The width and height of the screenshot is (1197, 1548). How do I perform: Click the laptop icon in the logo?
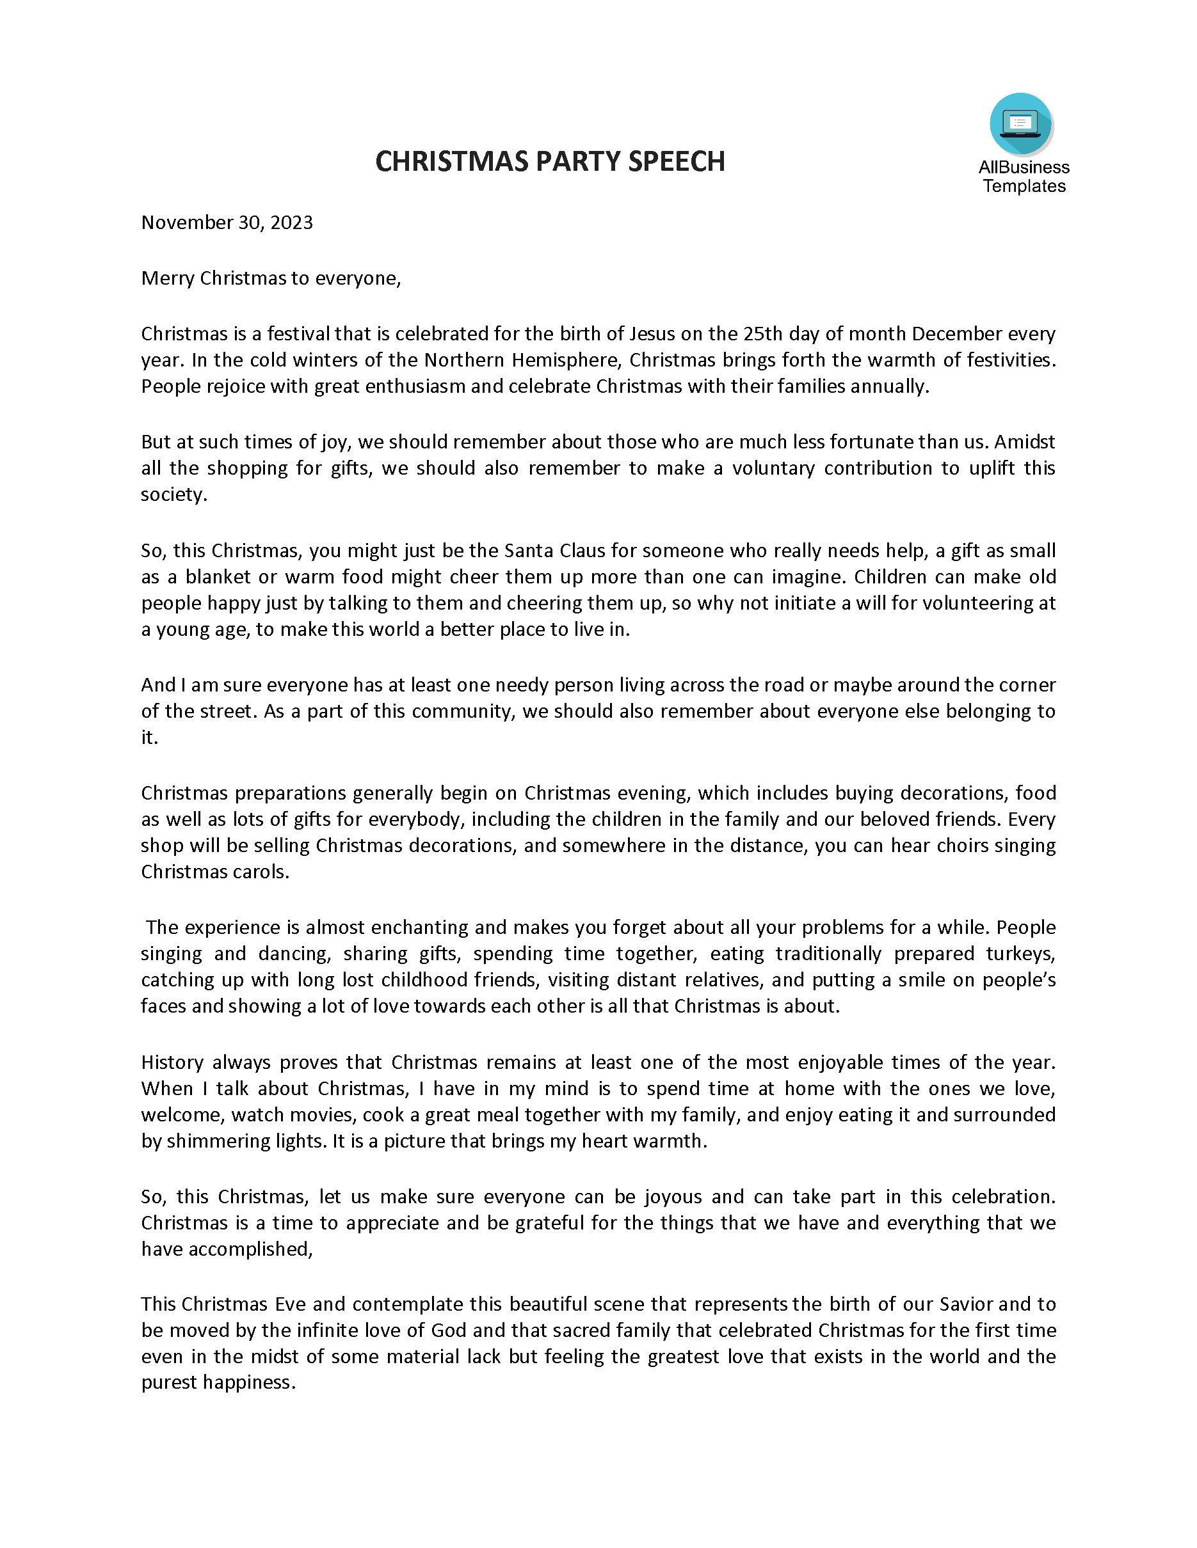click(x=1020, y=124)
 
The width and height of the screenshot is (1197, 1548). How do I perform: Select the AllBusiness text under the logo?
click(x=1024, y=168)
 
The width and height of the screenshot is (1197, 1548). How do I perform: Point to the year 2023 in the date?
click(x=291, y=223)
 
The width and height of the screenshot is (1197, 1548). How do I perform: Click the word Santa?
click(x=527, y=551)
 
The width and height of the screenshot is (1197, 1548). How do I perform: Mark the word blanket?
click(x=218, y=577)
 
